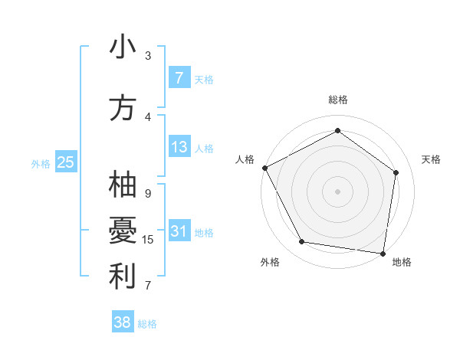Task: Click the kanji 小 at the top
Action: (122, 48)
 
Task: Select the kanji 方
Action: (122, 108)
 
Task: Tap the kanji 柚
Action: (122, 186)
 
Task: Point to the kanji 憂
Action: (122, 231)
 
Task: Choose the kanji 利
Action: (122, 277)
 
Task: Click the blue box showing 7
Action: (179, 78)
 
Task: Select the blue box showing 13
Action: (179, 147)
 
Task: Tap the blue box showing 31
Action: (179, 232)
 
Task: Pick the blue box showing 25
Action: (66, 162)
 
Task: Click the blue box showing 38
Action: (123, 322)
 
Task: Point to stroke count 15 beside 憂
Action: (148, 240)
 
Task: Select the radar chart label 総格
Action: (338, 100)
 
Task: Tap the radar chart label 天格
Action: (432, 159)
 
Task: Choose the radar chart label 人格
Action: (245, 159)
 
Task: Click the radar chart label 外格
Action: (270, 262)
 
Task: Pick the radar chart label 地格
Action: (402, 262)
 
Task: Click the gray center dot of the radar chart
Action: (337, 191)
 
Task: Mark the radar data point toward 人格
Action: (264, 168)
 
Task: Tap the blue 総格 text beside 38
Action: (147, 324)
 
